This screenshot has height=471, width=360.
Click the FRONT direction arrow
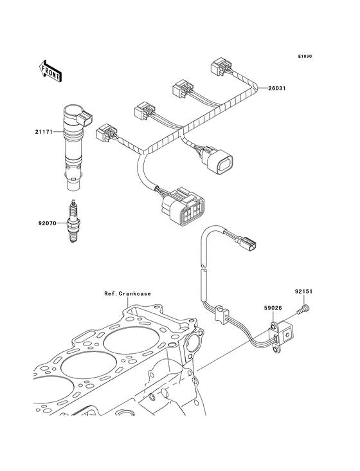point(50,71)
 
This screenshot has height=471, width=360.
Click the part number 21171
point(44,131)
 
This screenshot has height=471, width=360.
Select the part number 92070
point(47,223)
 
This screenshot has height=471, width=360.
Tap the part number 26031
point(277,88)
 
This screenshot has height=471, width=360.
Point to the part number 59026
point(273,308)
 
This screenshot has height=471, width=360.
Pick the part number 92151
point(303,291)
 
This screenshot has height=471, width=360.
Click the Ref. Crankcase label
point(127,294)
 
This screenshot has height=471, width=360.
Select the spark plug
point(72,221)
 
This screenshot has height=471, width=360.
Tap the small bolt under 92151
point(303,309)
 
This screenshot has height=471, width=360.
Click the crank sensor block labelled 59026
point(282,335)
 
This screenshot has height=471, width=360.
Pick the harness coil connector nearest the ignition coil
point(107,132)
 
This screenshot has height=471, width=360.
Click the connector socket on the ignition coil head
point(85,118)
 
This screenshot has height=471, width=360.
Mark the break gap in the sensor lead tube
point(203,267)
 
